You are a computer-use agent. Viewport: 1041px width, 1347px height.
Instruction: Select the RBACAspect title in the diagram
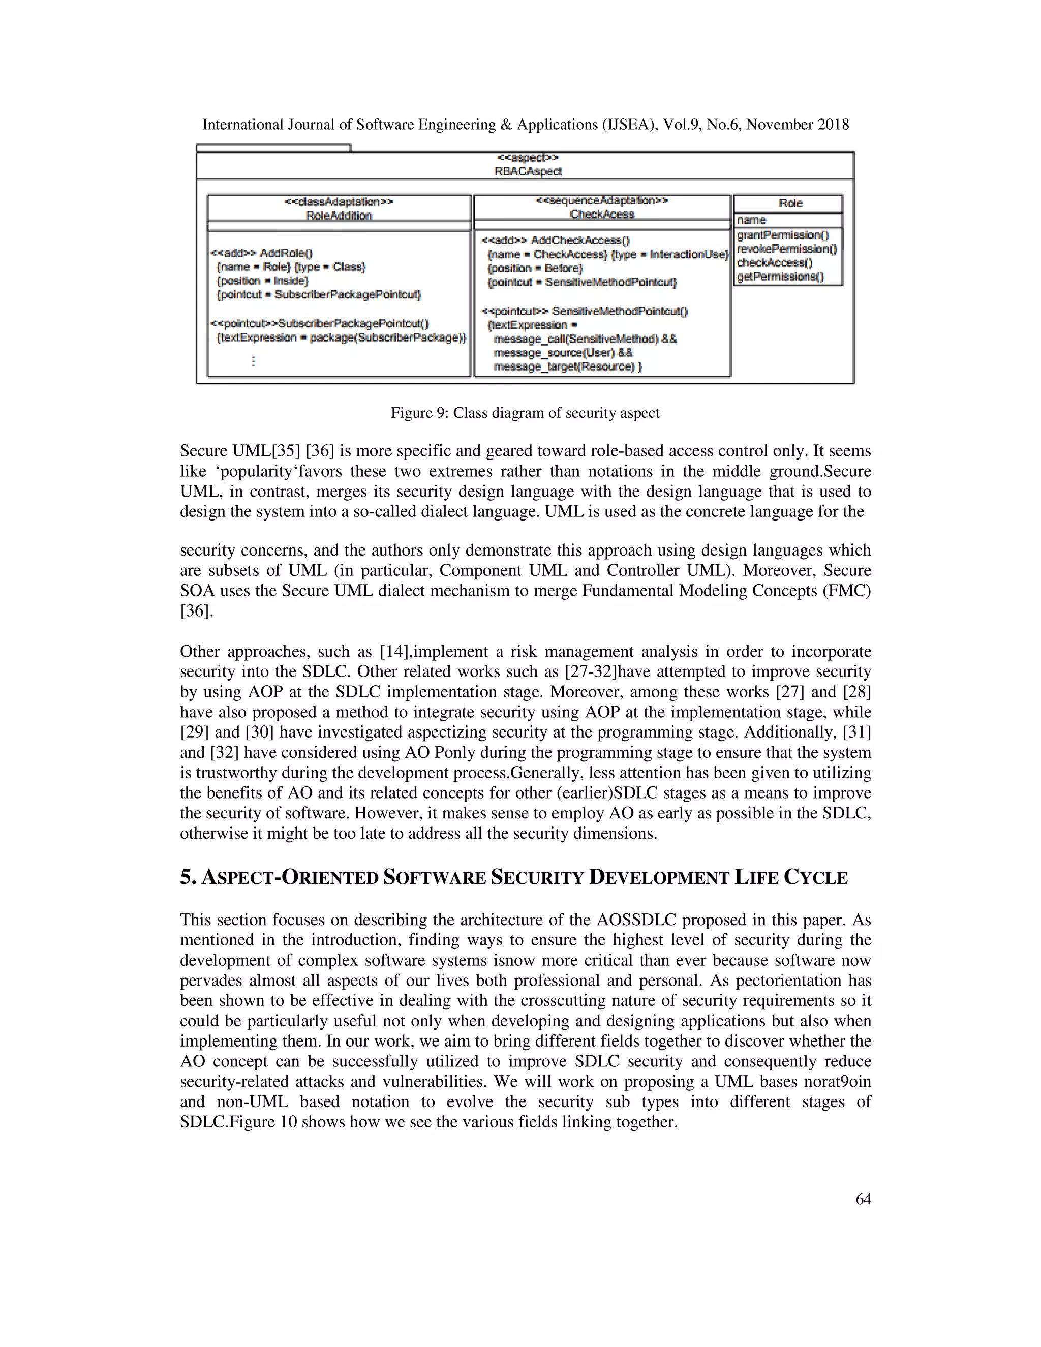pos(528,171)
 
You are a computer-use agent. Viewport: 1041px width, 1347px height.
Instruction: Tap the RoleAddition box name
pos(339,215)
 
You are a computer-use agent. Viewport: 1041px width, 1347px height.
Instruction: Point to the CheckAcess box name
pos(602,214)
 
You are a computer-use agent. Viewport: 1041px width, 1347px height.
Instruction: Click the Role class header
pos(790,203)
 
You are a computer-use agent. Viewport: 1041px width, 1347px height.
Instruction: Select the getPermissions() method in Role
pos(780,277)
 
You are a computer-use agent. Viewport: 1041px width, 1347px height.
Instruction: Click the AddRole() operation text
pos(286,253)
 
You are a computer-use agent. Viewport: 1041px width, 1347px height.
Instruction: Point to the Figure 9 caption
pos(525,413)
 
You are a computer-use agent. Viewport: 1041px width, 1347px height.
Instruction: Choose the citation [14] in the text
pos(394,651)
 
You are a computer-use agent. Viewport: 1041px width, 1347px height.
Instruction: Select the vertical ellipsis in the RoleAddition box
pos(254,361)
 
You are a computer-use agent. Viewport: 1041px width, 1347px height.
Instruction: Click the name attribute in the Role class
pos(751,220)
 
